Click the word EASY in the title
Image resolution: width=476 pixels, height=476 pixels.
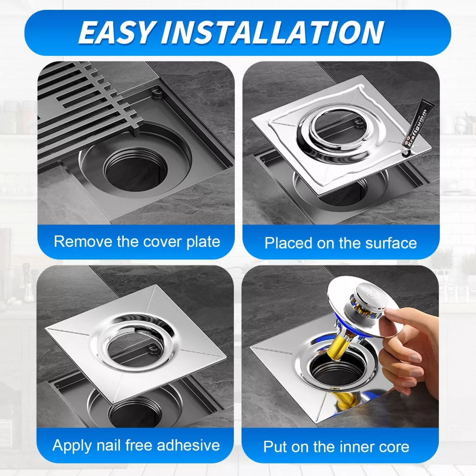(x=116, y=32)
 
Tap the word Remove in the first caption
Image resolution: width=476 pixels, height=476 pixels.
(x=83, y=242)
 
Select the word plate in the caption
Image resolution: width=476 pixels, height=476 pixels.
(x=203, y=242)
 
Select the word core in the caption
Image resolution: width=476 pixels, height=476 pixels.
(x=394, y=447)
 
